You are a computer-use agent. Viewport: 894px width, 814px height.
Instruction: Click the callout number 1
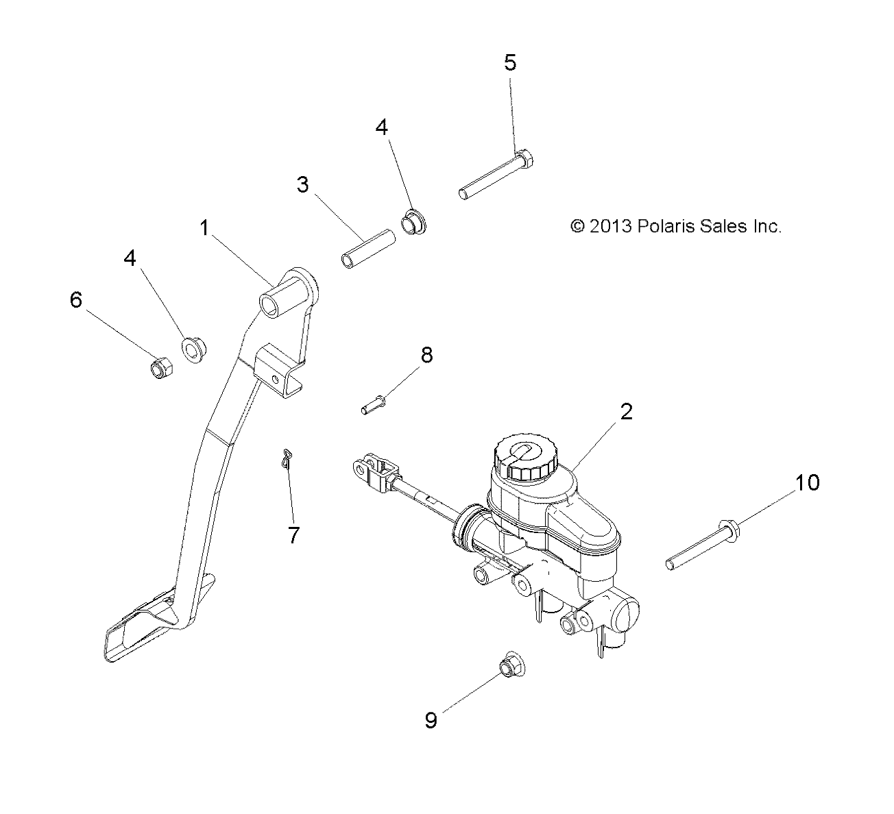(x=204, y=228)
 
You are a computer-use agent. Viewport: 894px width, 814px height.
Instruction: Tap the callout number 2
(x=625, y=412)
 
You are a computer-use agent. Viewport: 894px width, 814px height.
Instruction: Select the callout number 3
(x=302, y=184)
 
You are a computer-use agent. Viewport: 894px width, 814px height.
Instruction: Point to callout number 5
(x=510, y=63)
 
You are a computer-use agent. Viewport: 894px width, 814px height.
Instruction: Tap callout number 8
(x=426, y=355)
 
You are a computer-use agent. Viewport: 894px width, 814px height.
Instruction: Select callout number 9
(x=431, y=721)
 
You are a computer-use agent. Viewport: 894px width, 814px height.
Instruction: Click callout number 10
(x=807, y=482)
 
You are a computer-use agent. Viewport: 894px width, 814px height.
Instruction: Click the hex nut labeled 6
(x=161, y=369)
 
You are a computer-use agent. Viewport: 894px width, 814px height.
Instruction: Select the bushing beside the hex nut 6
(x=194, y=348)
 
